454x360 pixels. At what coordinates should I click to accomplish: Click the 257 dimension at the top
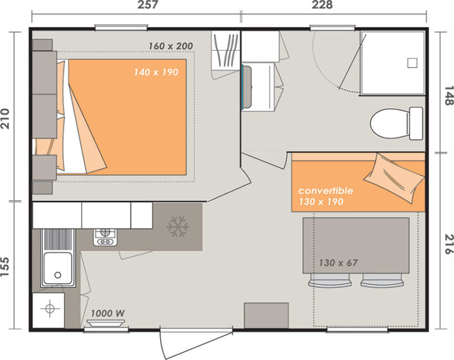coord(148,5)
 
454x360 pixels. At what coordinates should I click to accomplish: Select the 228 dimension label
coord(322,5)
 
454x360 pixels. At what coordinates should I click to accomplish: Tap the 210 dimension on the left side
coord(5,119)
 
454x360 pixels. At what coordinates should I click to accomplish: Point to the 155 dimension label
coord(5,267)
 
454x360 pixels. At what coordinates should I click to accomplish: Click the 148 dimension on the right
coord(449,96)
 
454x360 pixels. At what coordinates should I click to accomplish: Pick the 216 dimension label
coord(449,244)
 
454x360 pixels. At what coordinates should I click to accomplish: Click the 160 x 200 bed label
coord(170,46)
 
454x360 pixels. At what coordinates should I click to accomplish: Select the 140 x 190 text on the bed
coord(156,72)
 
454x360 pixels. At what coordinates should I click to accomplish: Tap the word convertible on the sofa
coord(326,190)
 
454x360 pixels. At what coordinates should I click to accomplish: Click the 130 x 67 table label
coord(338,263)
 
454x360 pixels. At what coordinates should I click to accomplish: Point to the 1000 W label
coord(108,313)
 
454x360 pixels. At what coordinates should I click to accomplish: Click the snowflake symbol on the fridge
coord(178,226)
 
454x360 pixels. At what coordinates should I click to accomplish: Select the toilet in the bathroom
coord(397,124)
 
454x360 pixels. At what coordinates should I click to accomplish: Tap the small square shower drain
coord(412,63)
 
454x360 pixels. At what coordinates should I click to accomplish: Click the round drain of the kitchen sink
coord(58,275)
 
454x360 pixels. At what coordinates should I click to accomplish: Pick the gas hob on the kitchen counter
coord(105,237)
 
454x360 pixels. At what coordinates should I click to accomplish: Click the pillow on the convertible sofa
coord(394,178)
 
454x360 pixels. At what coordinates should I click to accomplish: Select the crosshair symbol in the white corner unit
coord(50,309)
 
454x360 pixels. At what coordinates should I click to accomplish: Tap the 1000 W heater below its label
coord(106,323)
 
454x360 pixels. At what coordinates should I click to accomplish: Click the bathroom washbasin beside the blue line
coord(247,86)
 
